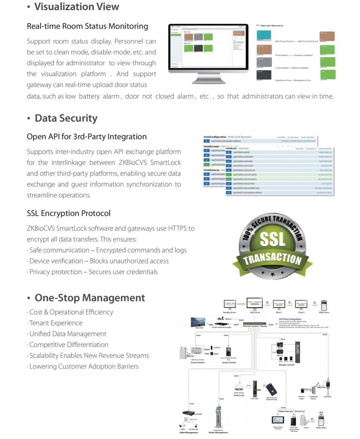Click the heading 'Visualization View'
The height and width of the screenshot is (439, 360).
[x=77, y=7]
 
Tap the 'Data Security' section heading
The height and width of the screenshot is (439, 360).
[x=66, y=118]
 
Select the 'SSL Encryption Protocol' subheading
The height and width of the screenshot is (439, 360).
[x=69, y=213]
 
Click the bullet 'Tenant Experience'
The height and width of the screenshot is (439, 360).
[x=56, y=323]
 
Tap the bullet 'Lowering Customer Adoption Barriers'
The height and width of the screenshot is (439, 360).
[x=84, y=366]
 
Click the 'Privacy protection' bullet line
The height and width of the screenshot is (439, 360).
[x=93, y=272]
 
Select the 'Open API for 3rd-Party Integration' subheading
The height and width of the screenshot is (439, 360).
[x=87, y=137]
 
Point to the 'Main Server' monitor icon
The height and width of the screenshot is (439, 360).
[x=255, y=303]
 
